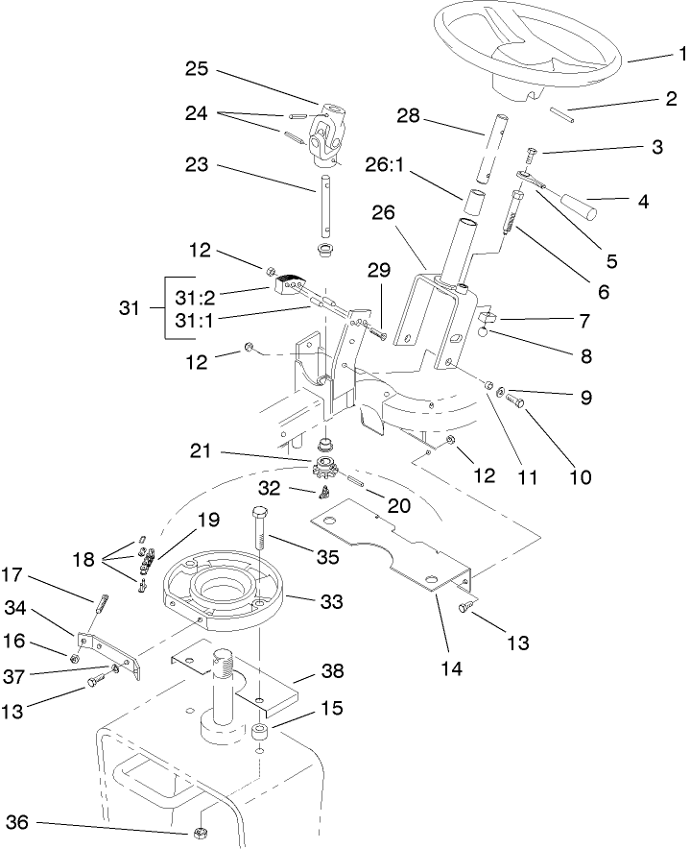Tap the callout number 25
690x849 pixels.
(198, 70)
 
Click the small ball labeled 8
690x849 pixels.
(486, 333)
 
